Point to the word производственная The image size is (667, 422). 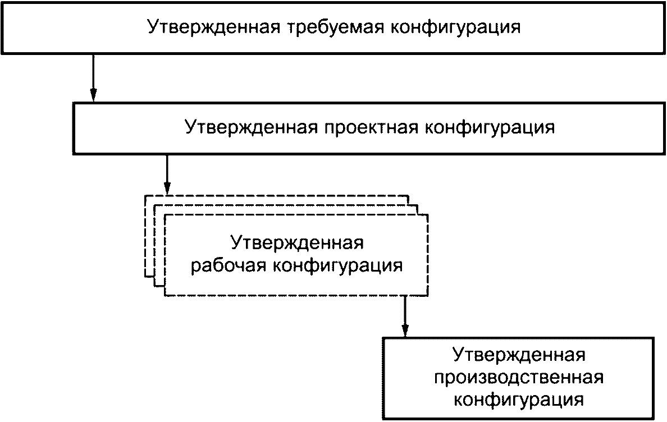pyautogui.click(x=519, y=378)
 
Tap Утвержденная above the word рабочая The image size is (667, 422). pyautogui.click(x=297, y=244)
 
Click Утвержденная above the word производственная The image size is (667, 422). pyautogui.click(x=519, y=356)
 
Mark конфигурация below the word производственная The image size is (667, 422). pyautogui.click(x=519, y=400)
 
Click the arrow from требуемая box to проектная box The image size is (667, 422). pyautogui.click(x=94, y=76)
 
